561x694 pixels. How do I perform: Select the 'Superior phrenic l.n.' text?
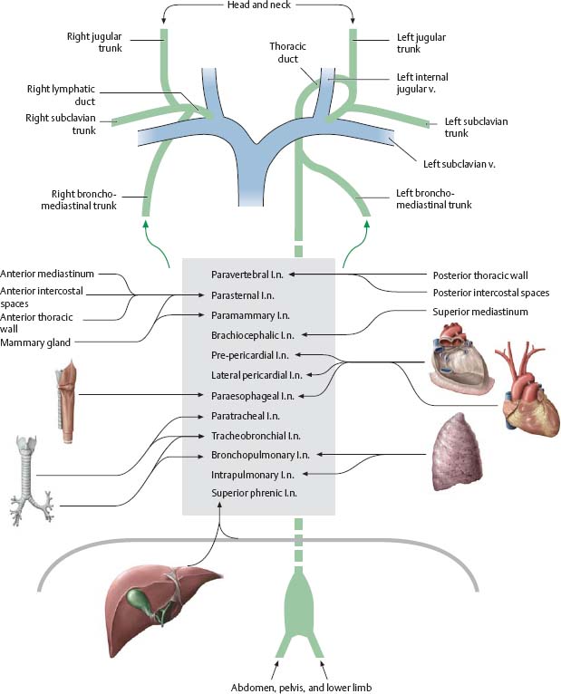click(x=254, y=494)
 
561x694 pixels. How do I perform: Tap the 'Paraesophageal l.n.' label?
click(x=253, y=395)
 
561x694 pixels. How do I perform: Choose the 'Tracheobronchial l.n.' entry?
click(x=255, y=436)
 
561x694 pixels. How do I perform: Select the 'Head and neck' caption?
click(x=258, y=6)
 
